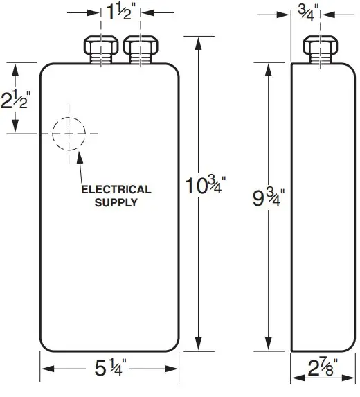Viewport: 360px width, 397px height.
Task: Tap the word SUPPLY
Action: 116,202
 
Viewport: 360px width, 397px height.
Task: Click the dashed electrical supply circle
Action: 69,134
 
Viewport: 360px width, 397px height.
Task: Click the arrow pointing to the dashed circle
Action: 82,158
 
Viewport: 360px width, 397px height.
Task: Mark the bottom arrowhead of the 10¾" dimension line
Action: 199,346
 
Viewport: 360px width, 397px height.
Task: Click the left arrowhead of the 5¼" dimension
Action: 45,369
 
